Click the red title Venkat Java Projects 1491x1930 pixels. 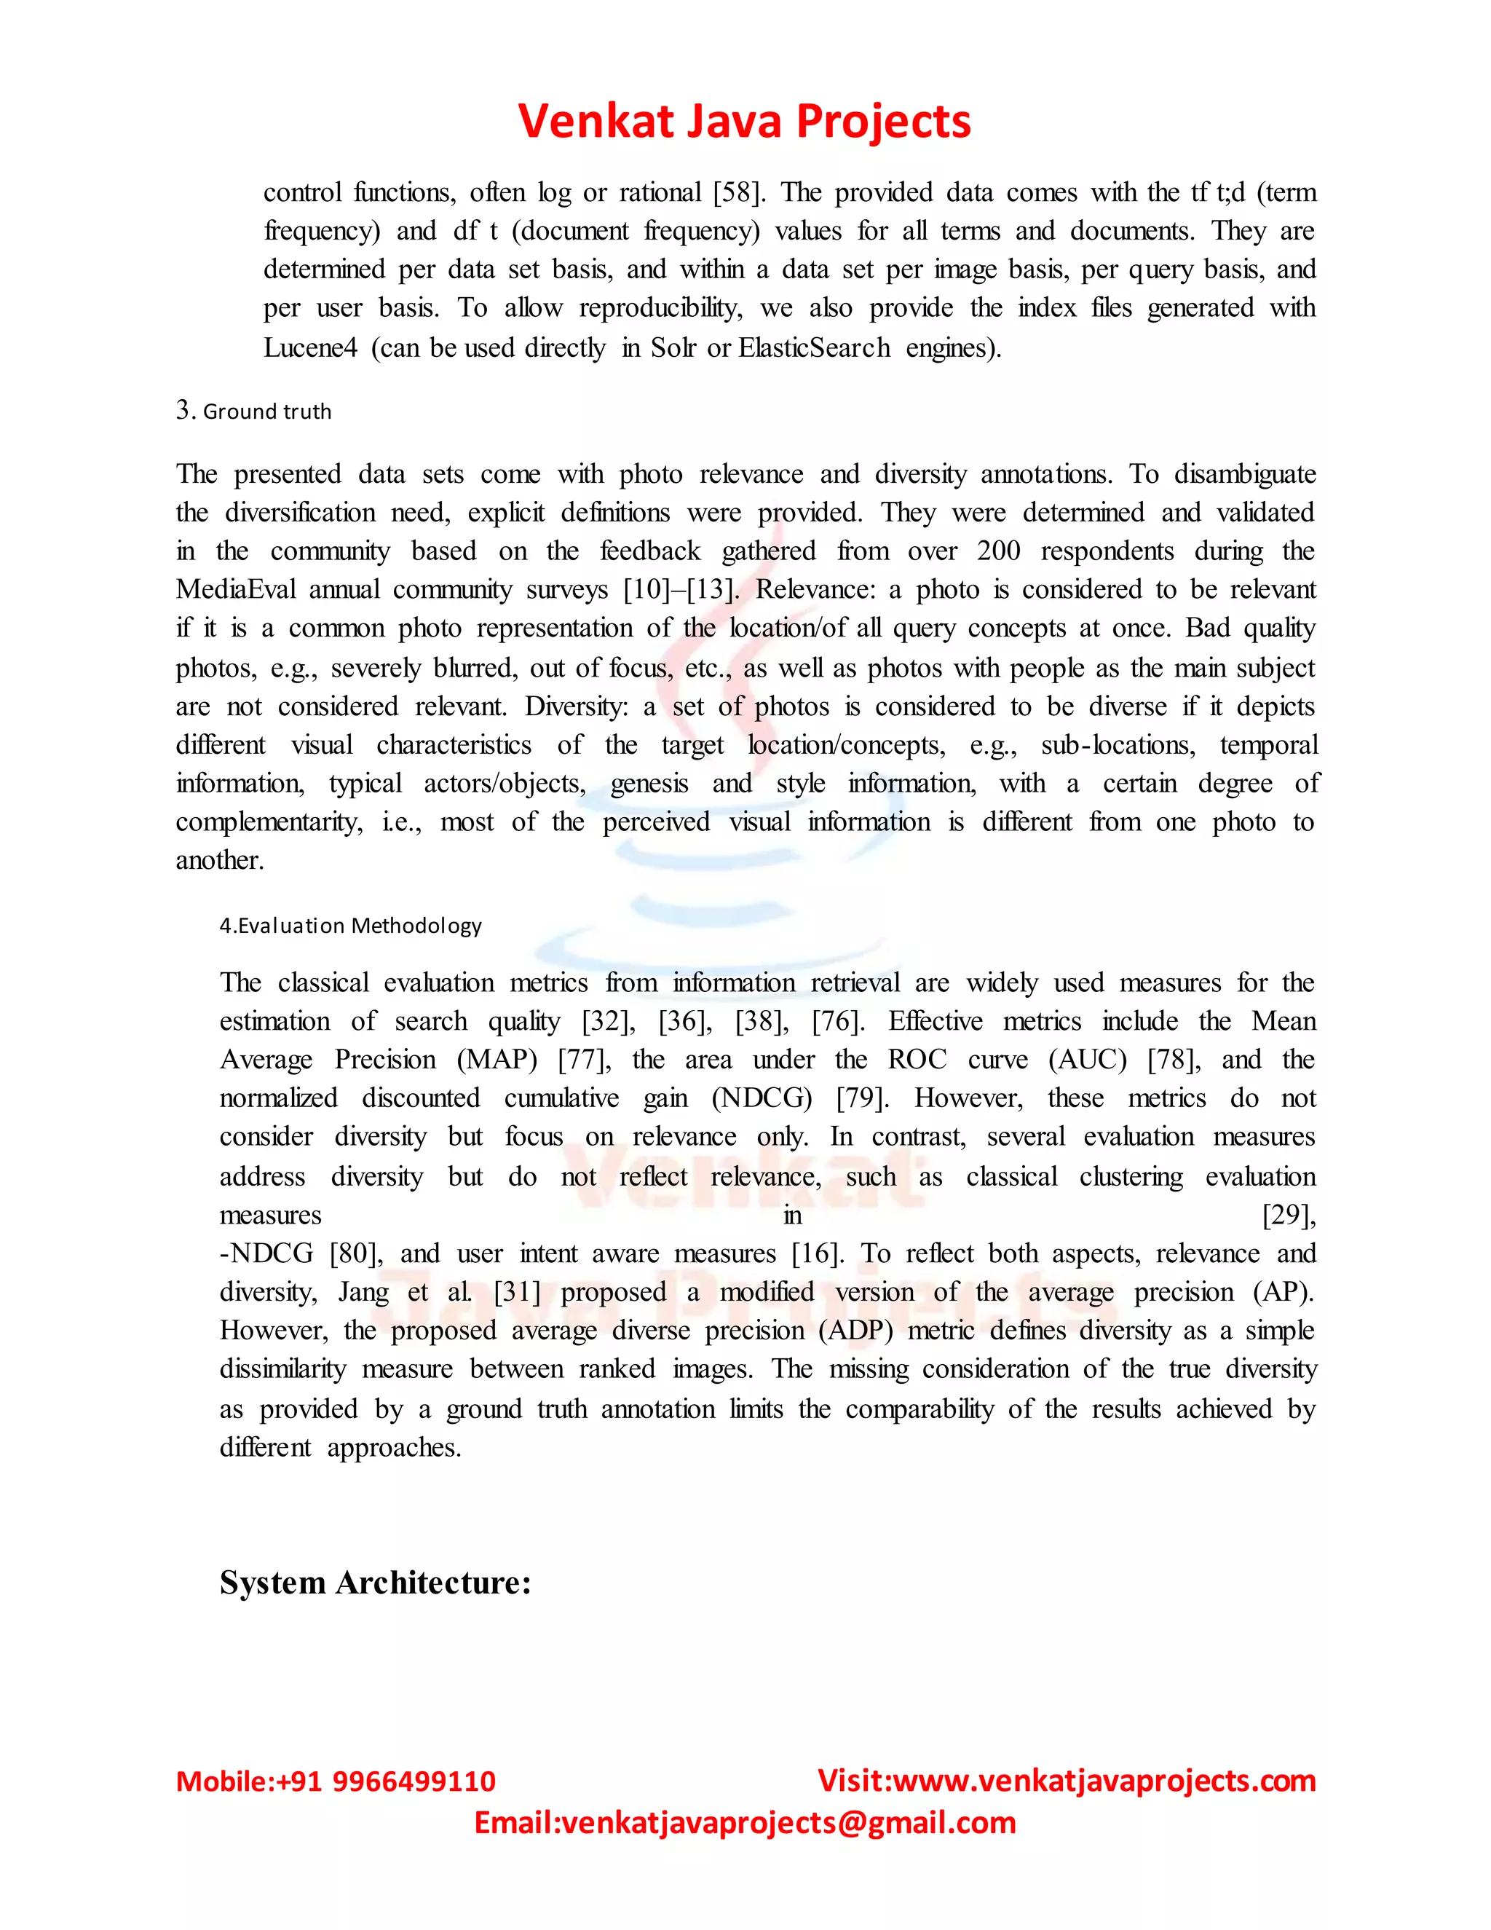pyautogui.click(x=744, y=121)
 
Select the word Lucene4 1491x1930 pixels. pyautogui.click(x=310, y=347)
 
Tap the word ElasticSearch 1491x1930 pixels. pyautogui.click(x=813, y=347)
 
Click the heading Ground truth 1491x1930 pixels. pyautogui.click(x=266, y=411)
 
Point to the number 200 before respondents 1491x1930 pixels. pyautogui.click(x=998, y=551)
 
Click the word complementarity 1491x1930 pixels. pyautogui.click(x=269, y=822)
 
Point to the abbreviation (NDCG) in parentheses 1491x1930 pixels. pyautogui.click(x=762, y=1098)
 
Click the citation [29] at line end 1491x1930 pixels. pyautogui.click(x=1289, y=1215)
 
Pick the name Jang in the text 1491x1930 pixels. pyautogui.click(x=363, y=1292)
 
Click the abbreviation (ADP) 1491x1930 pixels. pyautogui.click(x=856, y=1331)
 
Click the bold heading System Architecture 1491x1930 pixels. pyautogui.click(x=376, y=1582)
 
